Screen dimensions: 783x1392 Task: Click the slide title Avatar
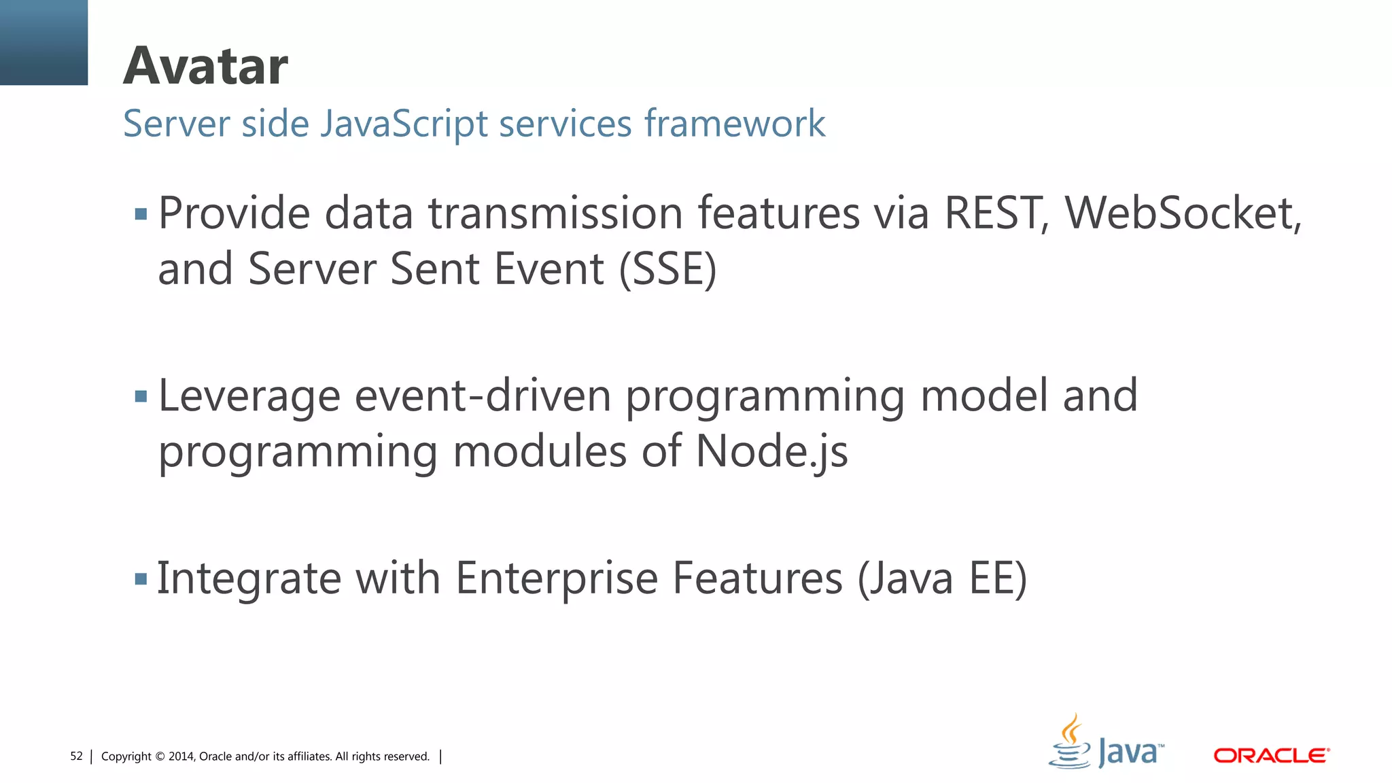[205, 67]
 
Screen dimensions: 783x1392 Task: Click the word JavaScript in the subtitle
[404, 124]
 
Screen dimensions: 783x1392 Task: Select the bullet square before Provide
[141, 215]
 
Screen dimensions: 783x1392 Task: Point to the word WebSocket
[1183, 213]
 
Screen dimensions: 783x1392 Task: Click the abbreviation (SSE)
[667, 269]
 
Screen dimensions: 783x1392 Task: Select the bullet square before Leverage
[141, 396]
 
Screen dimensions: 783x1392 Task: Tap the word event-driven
[483, 396]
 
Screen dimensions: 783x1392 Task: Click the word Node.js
[771, 452]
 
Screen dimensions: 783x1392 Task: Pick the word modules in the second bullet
[539, 452]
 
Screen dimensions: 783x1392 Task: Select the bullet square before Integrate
[141, 579]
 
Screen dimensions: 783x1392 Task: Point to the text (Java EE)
[942, 578]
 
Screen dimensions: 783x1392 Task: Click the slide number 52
[76, 756]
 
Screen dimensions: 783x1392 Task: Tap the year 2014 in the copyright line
[181, 756]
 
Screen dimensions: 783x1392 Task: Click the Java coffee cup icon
[1071, 742]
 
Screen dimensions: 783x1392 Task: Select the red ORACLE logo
[1271, 756]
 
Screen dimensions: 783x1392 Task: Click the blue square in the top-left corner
[43, 42]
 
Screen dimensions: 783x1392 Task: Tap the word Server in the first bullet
[311, 269]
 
